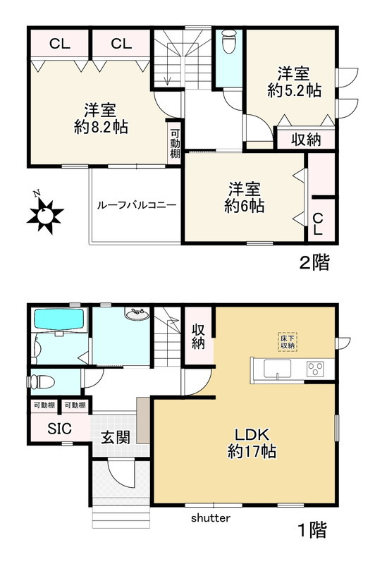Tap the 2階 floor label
(314, 264)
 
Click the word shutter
(211, 517)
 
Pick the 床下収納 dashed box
(286, 341)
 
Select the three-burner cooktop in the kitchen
(314, 368)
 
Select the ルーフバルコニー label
(137, 206)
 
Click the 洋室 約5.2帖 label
(294, 82)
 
